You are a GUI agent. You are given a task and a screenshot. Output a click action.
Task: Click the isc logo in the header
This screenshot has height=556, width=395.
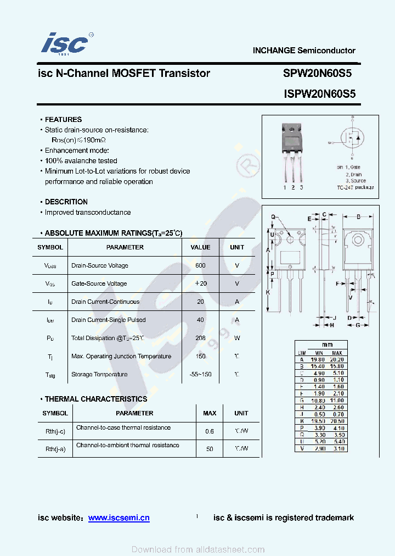65,43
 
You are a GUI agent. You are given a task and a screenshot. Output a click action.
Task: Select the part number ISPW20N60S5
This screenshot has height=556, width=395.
320,94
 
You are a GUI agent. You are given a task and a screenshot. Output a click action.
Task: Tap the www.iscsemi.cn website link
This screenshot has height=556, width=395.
119,518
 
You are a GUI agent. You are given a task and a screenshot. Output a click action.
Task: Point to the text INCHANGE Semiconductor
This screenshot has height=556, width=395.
304,51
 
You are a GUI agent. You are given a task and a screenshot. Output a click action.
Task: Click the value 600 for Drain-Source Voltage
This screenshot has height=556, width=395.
200,265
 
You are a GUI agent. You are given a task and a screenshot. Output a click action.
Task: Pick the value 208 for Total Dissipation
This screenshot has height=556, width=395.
200,338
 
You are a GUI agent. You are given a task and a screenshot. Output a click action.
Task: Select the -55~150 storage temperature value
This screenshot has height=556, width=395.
200,374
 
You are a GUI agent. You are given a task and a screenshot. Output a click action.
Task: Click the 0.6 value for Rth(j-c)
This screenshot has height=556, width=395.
210,431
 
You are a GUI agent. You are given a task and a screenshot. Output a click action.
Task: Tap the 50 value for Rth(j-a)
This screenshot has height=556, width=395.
210,449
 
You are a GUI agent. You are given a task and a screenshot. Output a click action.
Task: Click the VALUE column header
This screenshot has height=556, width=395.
200,247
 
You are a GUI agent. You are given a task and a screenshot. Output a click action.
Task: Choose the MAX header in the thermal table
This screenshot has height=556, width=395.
210,413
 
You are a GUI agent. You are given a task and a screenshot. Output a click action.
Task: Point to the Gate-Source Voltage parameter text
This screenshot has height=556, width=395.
99,283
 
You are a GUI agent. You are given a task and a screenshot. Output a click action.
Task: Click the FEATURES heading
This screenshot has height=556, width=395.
63,119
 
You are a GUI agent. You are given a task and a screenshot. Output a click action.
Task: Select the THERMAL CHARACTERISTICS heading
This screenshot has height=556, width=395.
96,399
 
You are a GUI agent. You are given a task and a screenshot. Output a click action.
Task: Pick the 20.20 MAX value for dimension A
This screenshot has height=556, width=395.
337,359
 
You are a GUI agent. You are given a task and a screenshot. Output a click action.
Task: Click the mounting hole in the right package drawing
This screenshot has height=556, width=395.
358,240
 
